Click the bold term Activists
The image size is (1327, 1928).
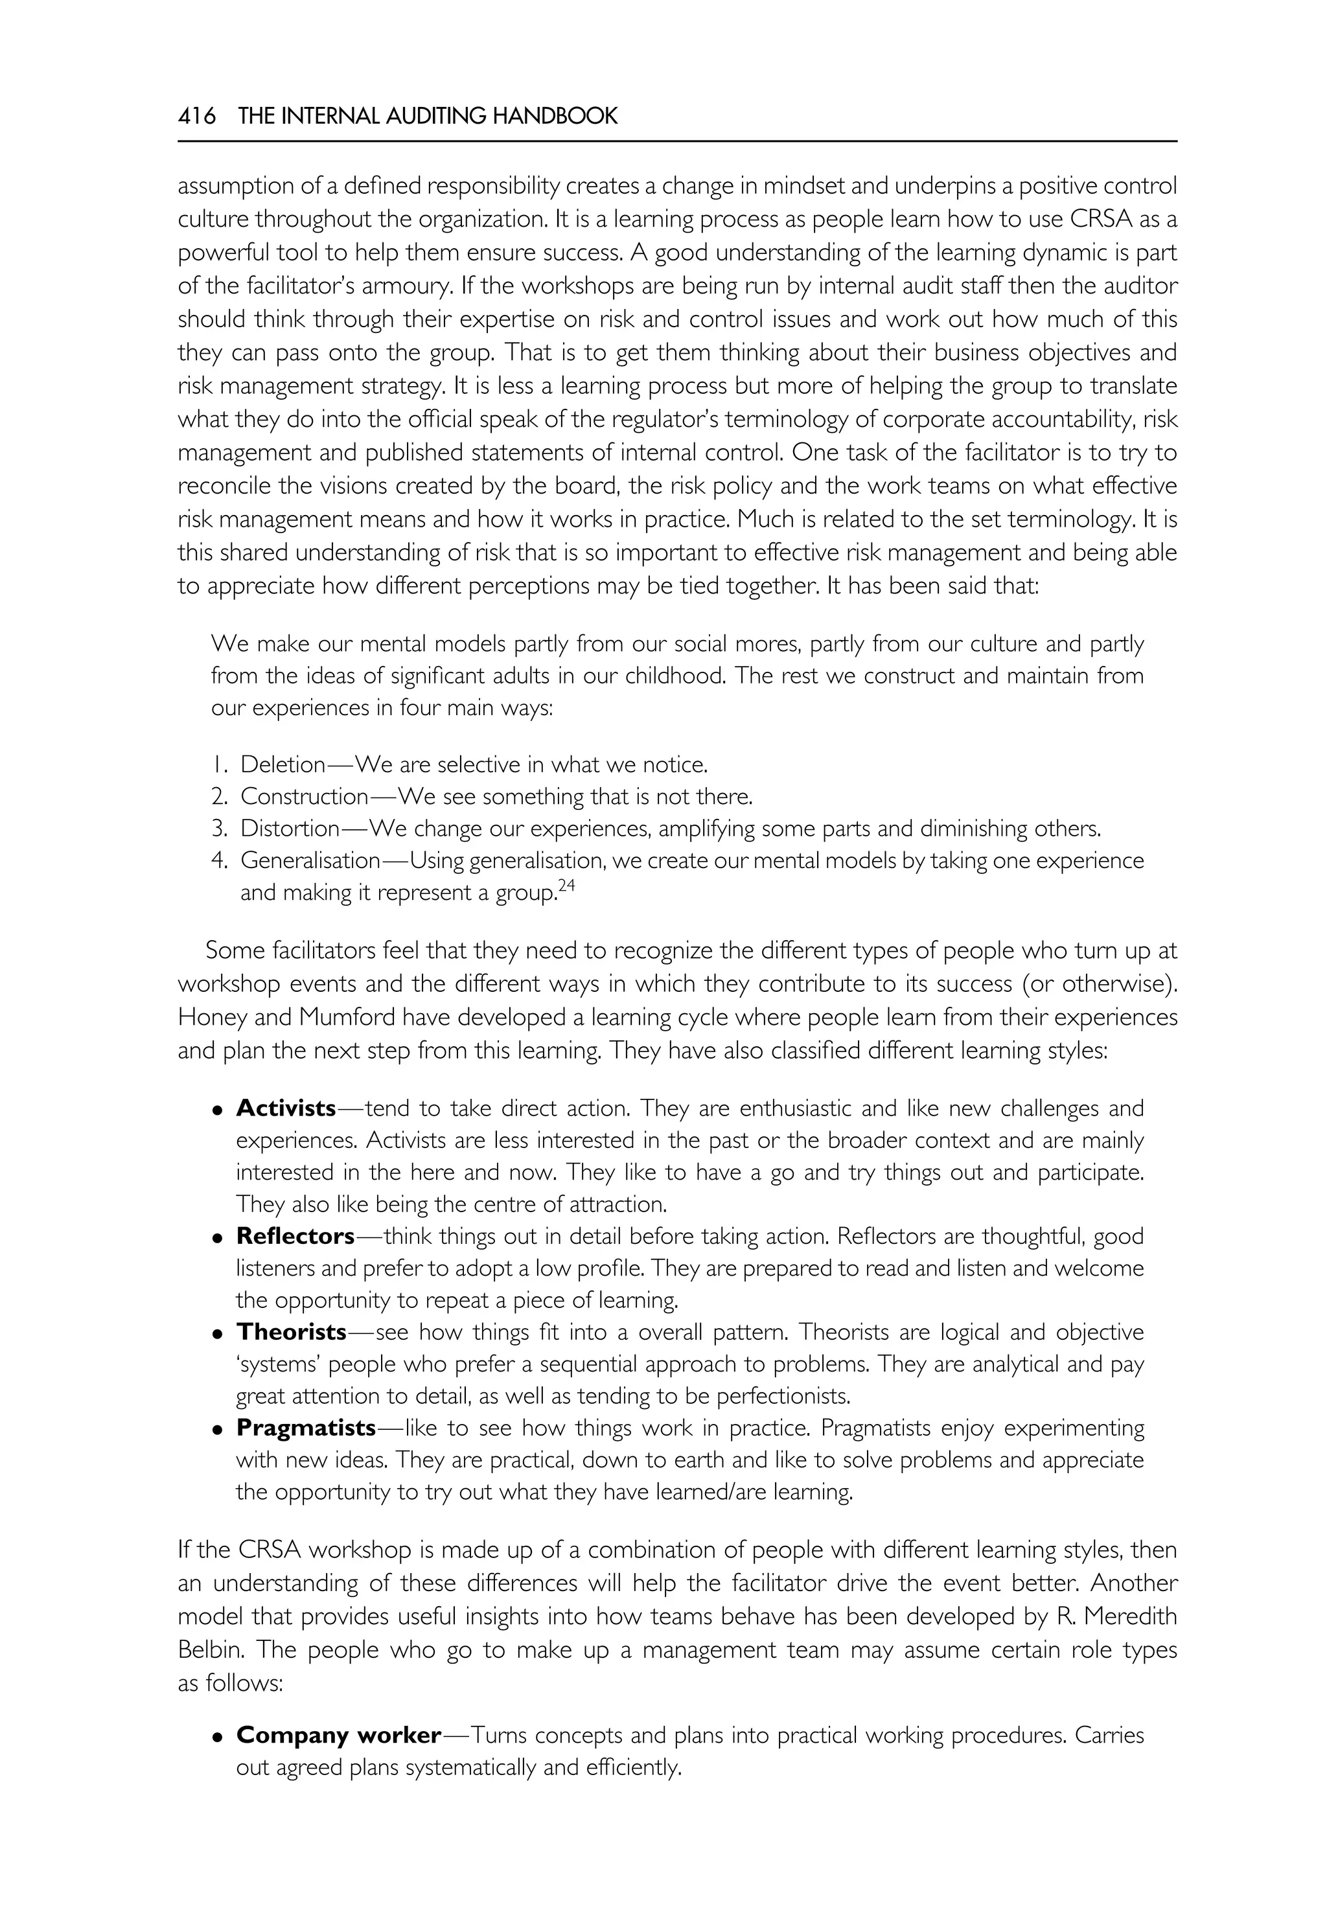[286, 1108]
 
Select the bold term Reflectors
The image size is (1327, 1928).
[295, 1236]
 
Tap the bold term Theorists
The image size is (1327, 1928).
[291, 1332]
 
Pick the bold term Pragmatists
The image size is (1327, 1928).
[306, 1427]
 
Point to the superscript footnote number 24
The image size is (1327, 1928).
[566, 886]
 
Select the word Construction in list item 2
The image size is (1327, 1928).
[303, 796]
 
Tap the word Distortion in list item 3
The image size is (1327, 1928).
[290, 828]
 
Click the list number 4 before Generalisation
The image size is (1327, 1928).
[218, 860]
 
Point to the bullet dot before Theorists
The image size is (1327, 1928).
[217, 1333]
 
